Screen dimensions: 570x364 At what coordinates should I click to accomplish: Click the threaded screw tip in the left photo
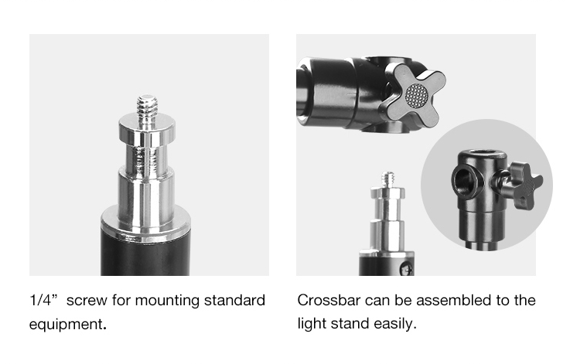[147, 105]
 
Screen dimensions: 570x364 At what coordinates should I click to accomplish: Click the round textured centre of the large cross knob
[417, 96]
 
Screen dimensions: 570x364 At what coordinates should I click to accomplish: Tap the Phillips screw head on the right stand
[406, 269]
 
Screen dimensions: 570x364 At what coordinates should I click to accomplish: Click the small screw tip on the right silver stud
[389, 179]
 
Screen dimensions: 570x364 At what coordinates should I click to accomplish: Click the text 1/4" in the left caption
[43, 301]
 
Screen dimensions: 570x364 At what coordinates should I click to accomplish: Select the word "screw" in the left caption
[87, 301]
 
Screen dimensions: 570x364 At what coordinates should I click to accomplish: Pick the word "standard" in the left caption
[234, 301]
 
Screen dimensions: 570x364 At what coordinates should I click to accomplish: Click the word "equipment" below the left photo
[66, 324]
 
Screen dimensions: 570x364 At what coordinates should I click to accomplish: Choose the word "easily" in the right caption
[394, 324]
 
